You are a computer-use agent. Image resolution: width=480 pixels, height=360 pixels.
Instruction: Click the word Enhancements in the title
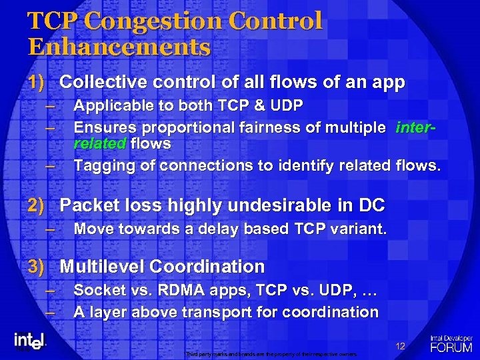(x=119, y=48)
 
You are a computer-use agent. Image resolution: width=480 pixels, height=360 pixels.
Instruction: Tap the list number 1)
(x=36, y=83)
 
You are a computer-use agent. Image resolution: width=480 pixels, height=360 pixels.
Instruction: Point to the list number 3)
(x=36, y=267)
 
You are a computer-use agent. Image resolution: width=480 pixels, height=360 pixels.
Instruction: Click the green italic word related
(x=101, y=143)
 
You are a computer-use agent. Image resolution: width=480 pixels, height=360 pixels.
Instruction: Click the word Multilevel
(x=102, y=267)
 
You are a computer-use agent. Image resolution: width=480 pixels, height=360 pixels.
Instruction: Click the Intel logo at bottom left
(x=29, y=341)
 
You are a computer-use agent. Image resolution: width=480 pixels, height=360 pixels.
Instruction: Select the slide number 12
(x=400, y=346)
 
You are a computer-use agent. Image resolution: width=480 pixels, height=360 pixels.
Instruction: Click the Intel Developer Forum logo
(x=451, y=343)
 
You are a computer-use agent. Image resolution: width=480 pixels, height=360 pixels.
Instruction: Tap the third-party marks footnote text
(x=271, y=354)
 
